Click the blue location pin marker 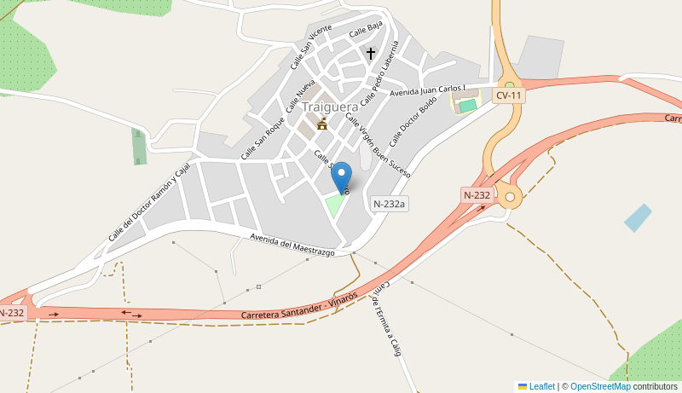(x=341, y=176)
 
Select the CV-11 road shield (x=509, y=95)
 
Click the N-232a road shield (x=390, y=204)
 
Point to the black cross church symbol (x=370, y=53)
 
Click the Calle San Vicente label (x=311, y=47)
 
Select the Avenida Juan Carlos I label (x=428, y=90)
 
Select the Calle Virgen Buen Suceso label (x=378, y=145)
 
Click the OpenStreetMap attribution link (x=600, y=386)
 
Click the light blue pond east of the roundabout (x=638, y=217)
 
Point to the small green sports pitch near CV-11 (x=466, y=105)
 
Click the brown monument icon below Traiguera (x=322, y=124)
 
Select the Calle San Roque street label (x=263, y=138)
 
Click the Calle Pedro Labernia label (x=379, y=73)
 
